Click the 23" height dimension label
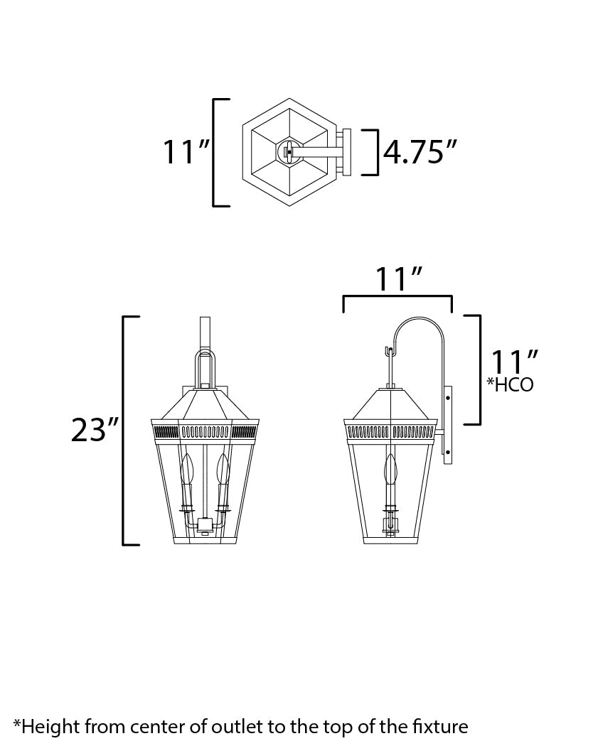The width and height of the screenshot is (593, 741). pos(93,430)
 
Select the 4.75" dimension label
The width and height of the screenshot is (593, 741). pos(420,151)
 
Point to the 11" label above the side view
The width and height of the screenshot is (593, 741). pos(397,280)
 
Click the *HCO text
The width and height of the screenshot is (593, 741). pos(510,385)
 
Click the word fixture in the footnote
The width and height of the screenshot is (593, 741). pos(437,726)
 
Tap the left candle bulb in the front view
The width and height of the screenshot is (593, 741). pos(188,470)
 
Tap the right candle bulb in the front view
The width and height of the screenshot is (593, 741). pos(223,470)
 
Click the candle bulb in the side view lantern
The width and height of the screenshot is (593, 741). pos(390,470)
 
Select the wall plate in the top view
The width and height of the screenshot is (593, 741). pos(347,151)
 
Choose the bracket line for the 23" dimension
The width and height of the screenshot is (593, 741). pos(125,430)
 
